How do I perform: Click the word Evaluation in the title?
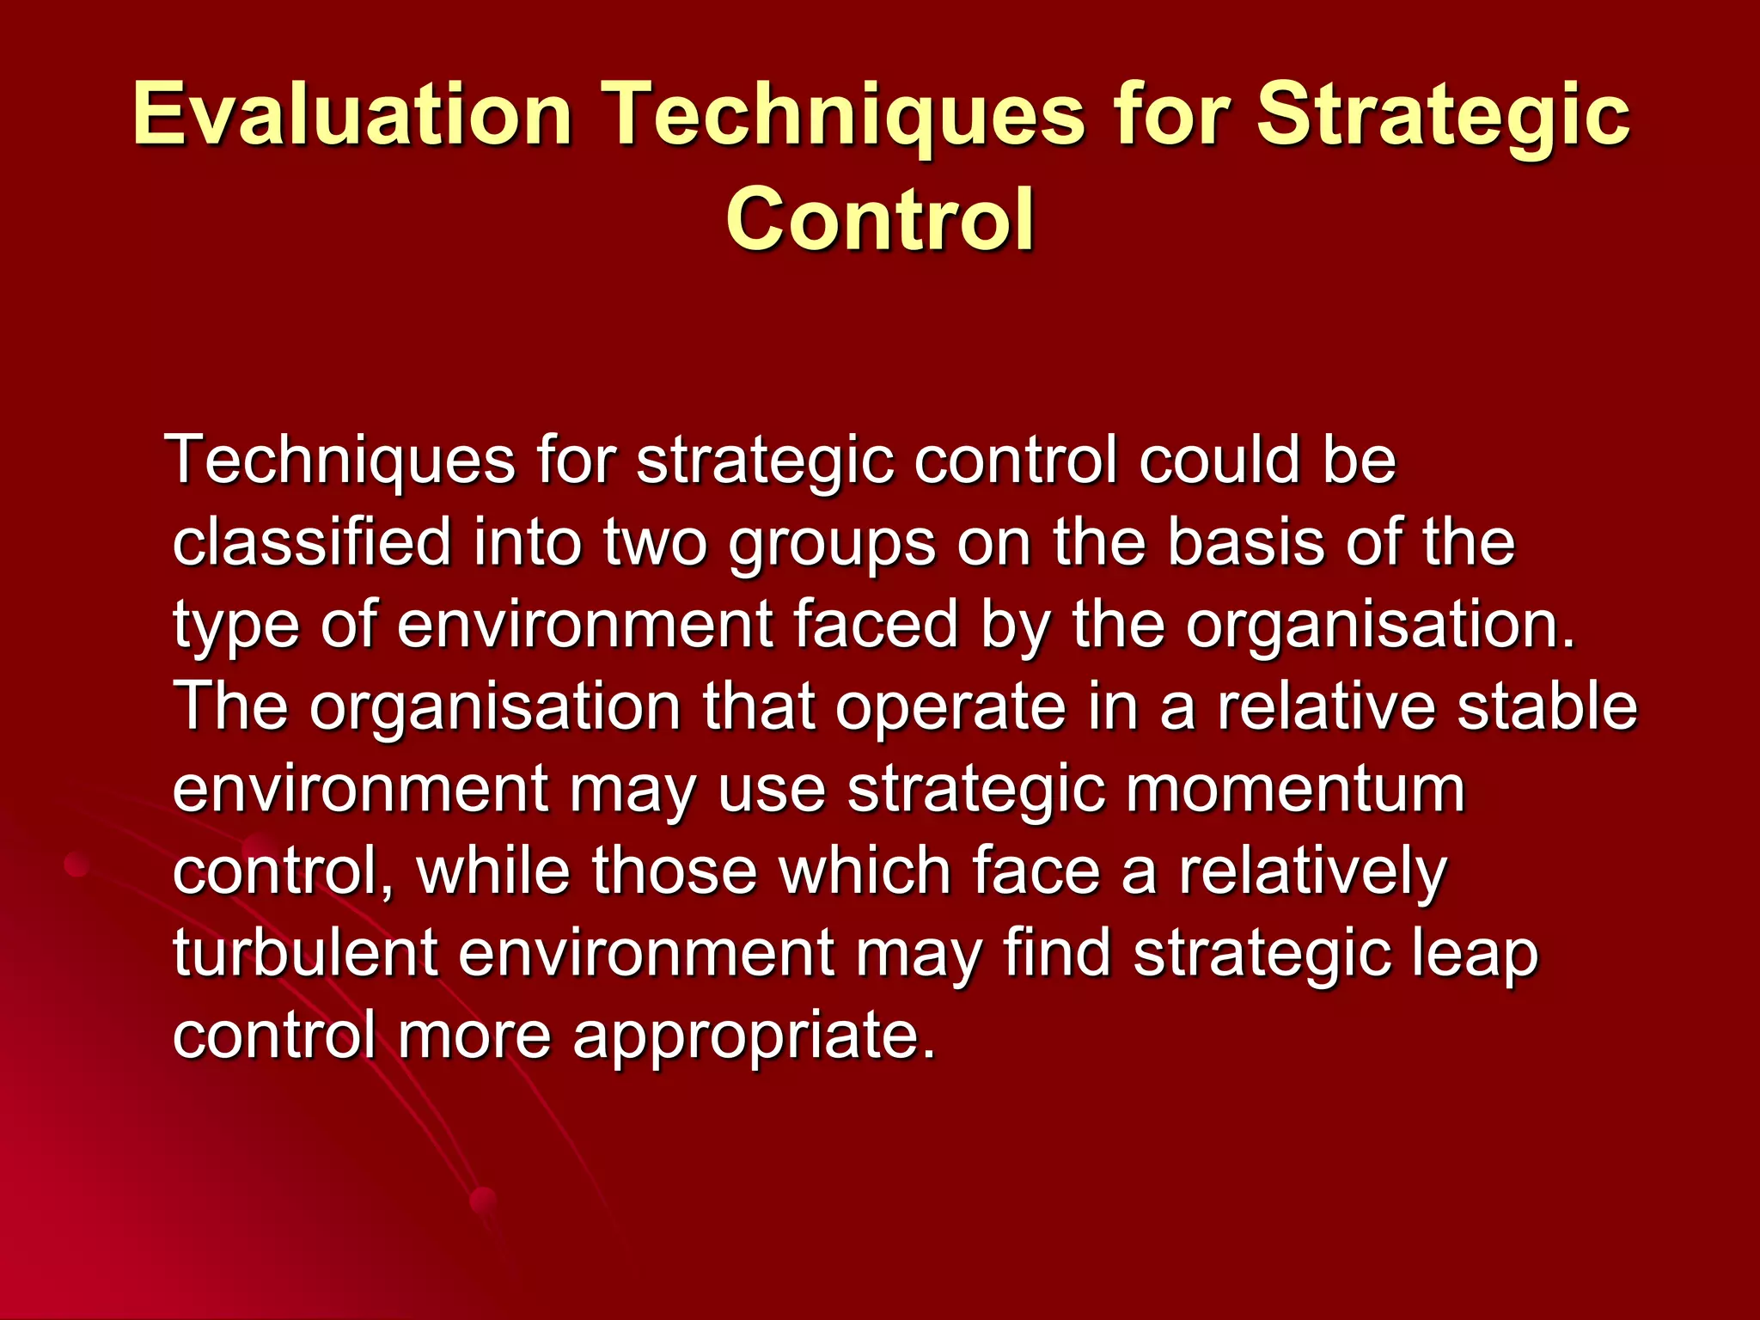coord(352,114)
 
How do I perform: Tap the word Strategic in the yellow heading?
coord(1443,114)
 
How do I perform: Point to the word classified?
coord(312,542)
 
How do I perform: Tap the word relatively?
coord(1312,871)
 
